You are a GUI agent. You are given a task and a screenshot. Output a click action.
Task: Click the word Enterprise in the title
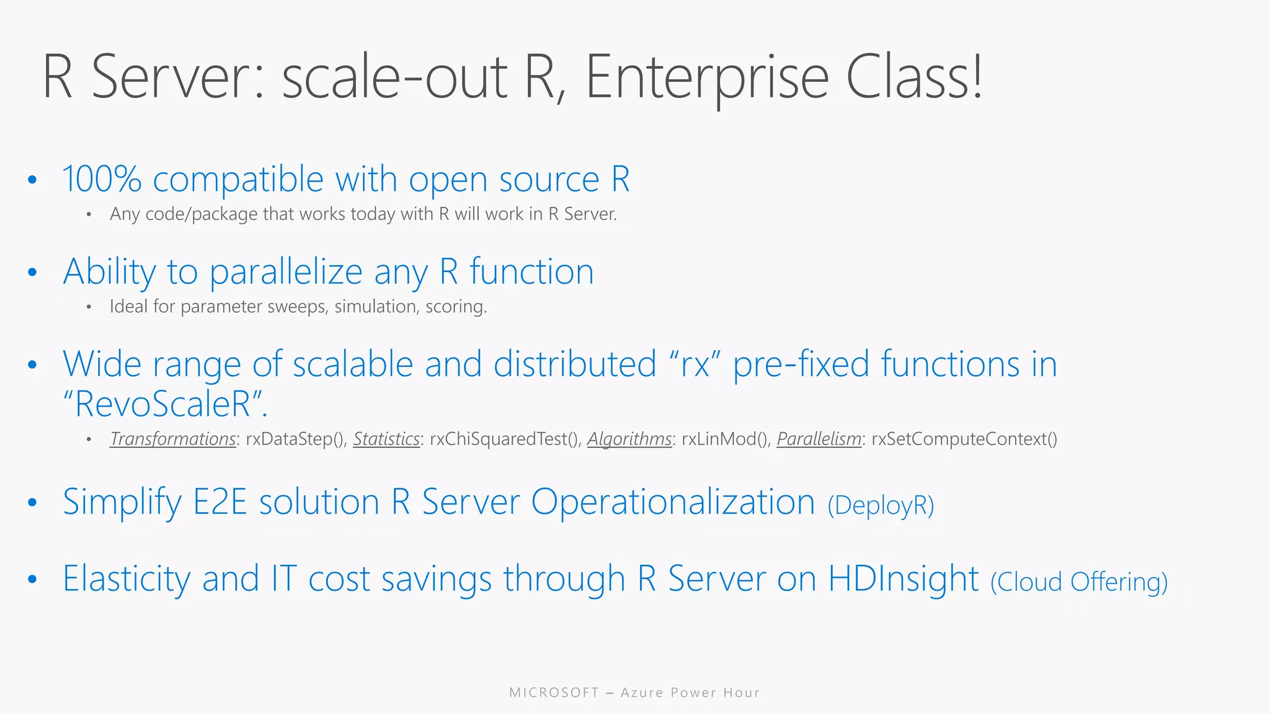pos(707,77)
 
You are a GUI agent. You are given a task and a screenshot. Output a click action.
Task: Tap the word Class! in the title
pos(914,77)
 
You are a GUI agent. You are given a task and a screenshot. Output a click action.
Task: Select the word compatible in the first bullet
pos(238,180)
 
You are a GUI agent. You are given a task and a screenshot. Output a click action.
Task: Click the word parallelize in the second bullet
pos(286,272)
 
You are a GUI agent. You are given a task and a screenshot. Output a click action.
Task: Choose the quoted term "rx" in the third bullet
pos(695,364)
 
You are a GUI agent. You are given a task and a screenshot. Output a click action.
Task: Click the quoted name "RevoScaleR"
pos(165,404)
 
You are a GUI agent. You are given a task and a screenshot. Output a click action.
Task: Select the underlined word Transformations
pos(173,439)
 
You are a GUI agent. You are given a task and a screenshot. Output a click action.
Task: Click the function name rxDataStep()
pos(296,439)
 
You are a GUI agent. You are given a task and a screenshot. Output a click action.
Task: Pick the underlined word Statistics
pos(386,439)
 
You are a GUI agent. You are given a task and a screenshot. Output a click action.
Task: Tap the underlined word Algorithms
pos(629,439)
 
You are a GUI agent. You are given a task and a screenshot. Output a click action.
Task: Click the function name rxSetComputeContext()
pos(964,439)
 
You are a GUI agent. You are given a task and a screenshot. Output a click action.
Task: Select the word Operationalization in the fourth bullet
pos(673,502)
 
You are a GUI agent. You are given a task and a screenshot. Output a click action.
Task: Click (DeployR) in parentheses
pos(881,506)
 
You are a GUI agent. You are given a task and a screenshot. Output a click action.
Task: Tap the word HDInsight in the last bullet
pos(904,579)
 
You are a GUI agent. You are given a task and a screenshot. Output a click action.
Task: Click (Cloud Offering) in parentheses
pos(1079,583)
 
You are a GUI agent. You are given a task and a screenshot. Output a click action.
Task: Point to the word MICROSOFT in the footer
pos(554,693)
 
